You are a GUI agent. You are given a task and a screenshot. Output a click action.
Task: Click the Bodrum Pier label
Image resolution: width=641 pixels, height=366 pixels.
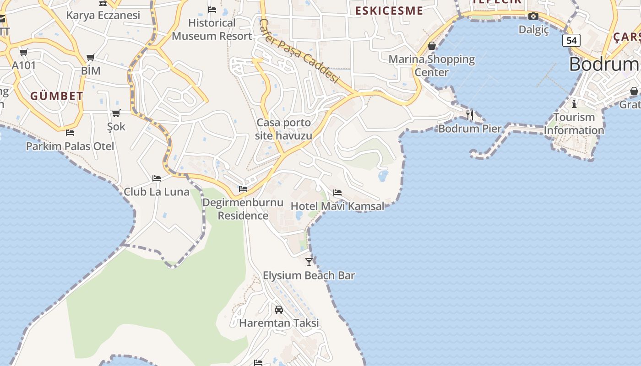click(x=470, y=129)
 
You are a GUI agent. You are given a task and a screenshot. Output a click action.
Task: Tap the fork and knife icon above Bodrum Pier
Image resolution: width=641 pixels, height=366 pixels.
click(x=470, y=115)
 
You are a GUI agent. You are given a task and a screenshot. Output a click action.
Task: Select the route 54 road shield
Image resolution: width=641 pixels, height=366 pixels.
click(x=571, y=40)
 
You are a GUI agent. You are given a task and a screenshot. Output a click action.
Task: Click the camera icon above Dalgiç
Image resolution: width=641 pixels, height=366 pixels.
click(x=533, y=16)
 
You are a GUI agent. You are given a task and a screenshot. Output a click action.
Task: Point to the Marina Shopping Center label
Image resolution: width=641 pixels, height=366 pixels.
click(x=432, y=65)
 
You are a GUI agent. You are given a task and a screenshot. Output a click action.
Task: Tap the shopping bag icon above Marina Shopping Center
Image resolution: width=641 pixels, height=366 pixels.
click(x=431, y=46)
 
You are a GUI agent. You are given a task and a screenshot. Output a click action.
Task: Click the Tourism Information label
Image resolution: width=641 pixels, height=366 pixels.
click(x=574, y=124)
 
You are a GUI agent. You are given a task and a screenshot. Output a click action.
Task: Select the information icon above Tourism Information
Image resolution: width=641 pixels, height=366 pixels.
click(x=574, y=104)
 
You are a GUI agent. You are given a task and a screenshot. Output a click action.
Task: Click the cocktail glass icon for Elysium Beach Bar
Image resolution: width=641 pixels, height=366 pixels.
click(x=309, y=262)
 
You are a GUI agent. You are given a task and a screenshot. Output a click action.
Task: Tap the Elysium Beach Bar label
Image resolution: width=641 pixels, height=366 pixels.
click(x=309, y=275)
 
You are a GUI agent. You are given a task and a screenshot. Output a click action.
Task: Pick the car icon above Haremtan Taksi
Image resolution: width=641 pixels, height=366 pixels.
click(x=279, y=310)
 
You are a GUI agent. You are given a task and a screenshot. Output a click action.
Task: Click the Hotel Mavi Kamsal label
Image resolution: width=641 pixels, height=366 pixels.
click(x=337, y=206)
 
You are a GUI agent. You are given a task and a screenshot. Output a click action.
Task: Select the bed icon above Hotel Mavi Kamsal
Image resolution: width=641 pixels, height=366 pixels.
click(x=337, y=193)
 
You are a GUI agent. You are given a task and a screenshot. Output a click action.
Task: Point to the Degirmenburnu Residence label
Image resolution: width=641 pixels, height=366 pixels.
click(x=243, y=209)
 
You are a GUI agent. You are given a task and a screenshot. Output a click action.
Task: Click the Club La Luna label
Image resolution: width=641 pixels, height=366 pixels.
click(x=157, y=192)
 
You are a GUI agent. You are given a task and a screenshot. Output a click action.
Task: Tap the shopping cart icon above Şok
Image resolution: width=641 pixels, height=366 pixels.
click(x=116, y=113)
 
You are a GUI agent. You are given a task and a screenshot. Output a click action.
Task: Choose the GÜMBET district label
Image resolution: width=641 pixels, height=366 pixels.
click(x=57, y=96)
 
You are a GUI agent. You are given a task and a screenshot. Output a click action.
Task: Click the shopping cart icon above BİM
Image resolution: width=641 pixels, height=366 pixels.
click(x=91, y=58)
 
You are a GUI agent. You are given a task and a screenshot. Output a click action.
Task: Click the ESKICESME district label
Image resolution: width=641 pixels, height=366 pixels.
click(x=389, y=11)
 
